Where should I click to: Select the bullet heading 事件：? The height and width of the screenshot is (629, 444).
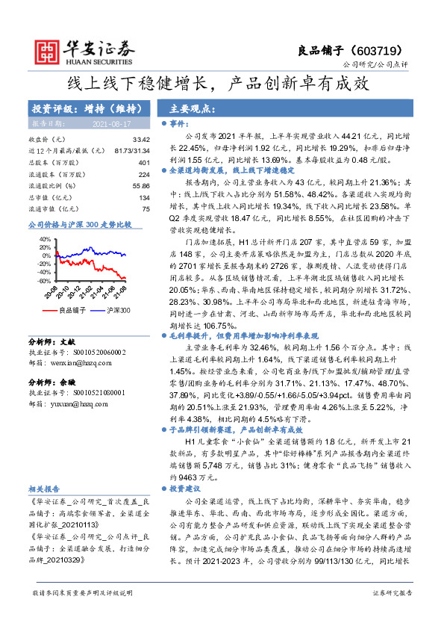pyautogui.click(x=180, y=123)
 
